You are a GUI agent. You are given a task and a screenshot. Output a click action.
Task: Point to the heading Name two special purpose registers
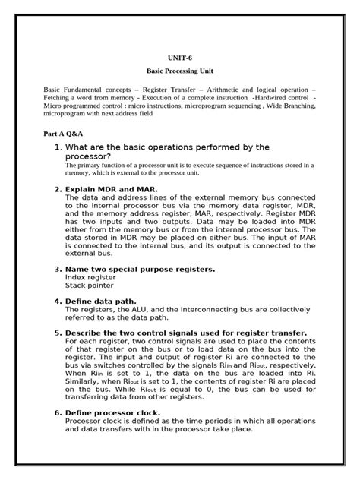pyautogui.click(x=140, y=270)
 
